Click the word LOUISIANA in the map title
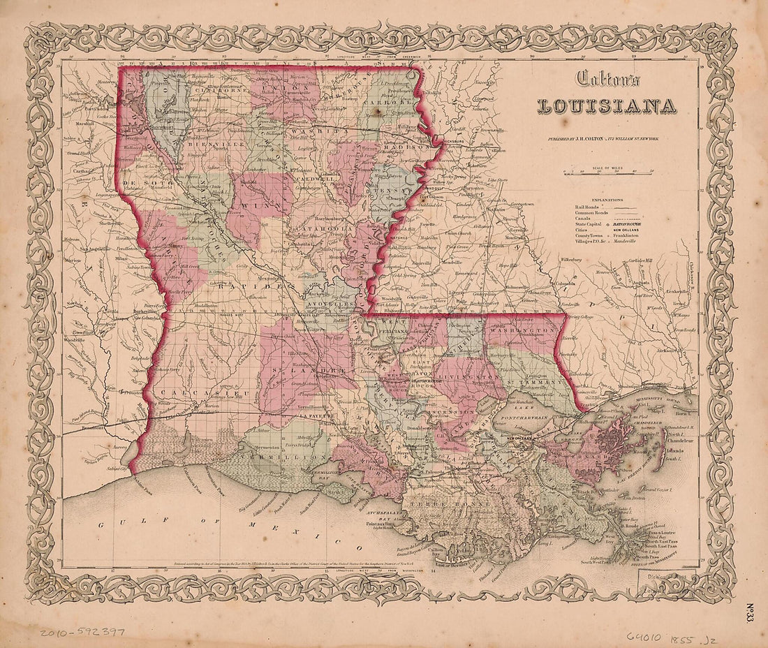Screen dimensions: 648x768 tap(605, 106)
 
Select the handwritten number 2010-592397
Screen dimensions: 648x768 tap(82, 632)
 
